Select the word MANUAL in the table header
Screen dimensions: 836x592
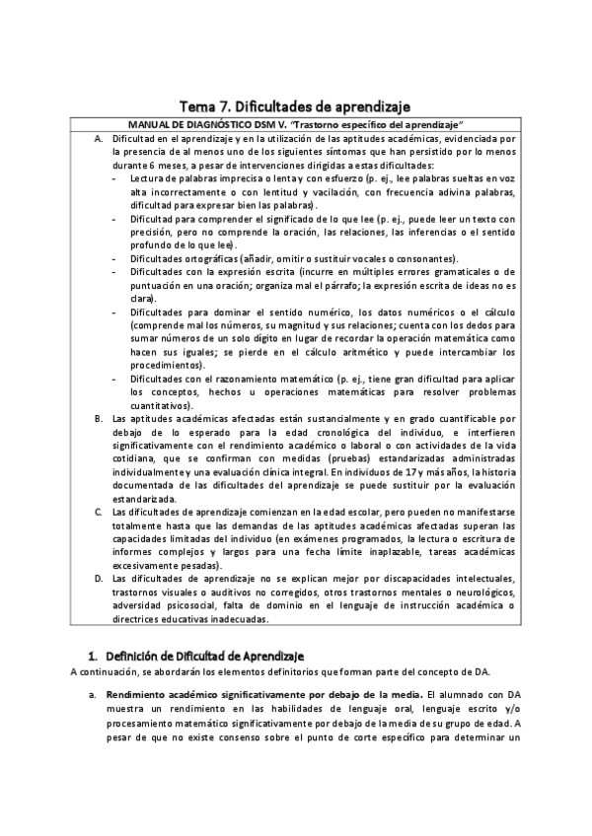coord(152,124)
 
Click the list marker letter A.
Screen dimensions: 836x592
coord(99,140)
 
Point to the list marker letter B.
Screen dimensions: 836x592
coord(99,419)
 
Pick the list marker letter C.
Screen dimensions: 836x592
coord(99,512)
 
